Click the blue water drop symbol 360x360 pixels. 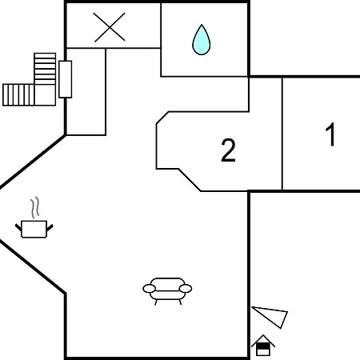202,40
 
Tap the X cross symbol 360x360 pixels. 110,27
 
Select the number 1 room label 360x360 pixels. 330,134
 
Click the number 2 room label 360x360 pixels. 228,150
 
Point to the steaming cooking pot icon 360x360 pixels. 34,218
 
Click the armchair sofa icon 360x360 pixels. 167,290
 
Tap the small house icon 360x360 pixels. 263,346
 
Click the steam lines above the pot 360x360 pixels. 35,207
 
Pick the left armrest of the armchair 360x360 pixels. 149,288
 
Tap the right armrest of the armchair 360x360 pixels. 186,288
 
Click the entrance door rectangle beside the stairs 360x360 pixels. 65,79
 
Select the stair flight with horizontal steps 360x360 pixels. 45,69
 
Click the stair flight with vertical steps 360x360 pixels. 18,94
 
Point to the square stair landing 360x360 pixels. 45,95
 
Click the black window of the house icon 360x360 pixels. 263,346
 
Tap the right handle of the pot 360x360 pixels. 50,227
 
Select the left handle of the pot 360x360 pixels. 18,227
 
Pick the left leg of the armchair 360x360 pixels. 156,302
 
